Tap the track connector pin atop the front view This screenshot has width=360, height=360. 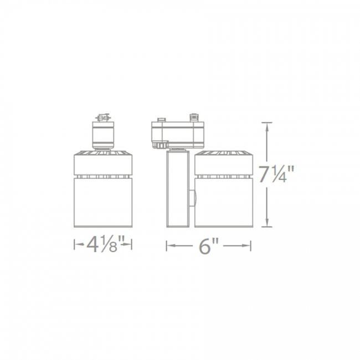point(102,118)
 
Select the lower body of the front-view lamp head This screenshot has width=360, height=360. point(103,202)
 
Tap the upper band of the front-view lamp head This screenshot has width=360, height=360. point(103,164)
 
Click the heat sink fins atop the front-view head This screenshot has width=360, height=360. point(103,152)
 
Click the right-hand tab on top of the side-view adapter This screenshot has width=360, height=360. point(194,118)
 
